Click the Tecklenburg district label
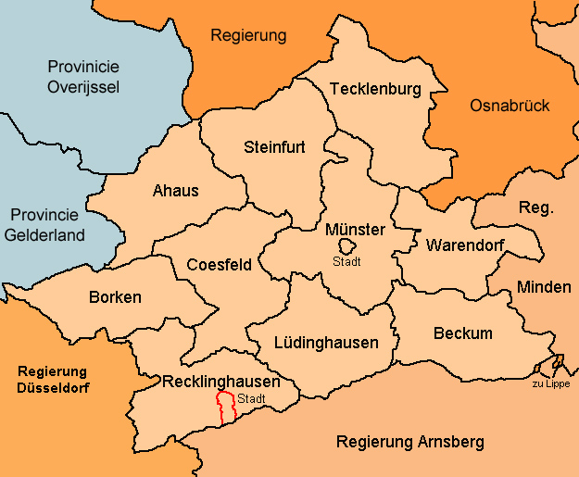pyautogui.click(x=375, y=89)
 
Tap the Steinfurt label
pyautogui.click(x=274, y=146)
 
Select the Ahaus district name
pyautogui.click(x=175, y=191)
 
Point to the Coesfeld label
pyautogui.click(x=220, y=265)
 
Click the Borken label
pyautogui.click(x=115, y=297)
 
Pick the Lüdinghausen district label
pyautogui.click(x=326, y=343)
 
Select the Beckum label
pyautogui.click(x=462, y=333)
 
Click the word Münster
pyautogui.click(x=355, y=229)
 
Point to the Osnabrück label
pyautogui.click(x=510, y=106)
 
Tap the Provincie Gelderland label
pyautogui.click(x=57, y=224)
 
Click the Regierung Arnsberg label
pyautogui.click(x=409, y=442)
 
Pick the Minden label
pyautogui.click(x=544, y=287)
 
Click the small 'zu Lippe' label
pyautogui.click(x=551, y=383)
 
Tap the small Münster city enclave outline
pyautogui.click(x=347, y=246)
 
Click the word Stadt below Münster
pyautogui.click(x=346, y=261)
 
